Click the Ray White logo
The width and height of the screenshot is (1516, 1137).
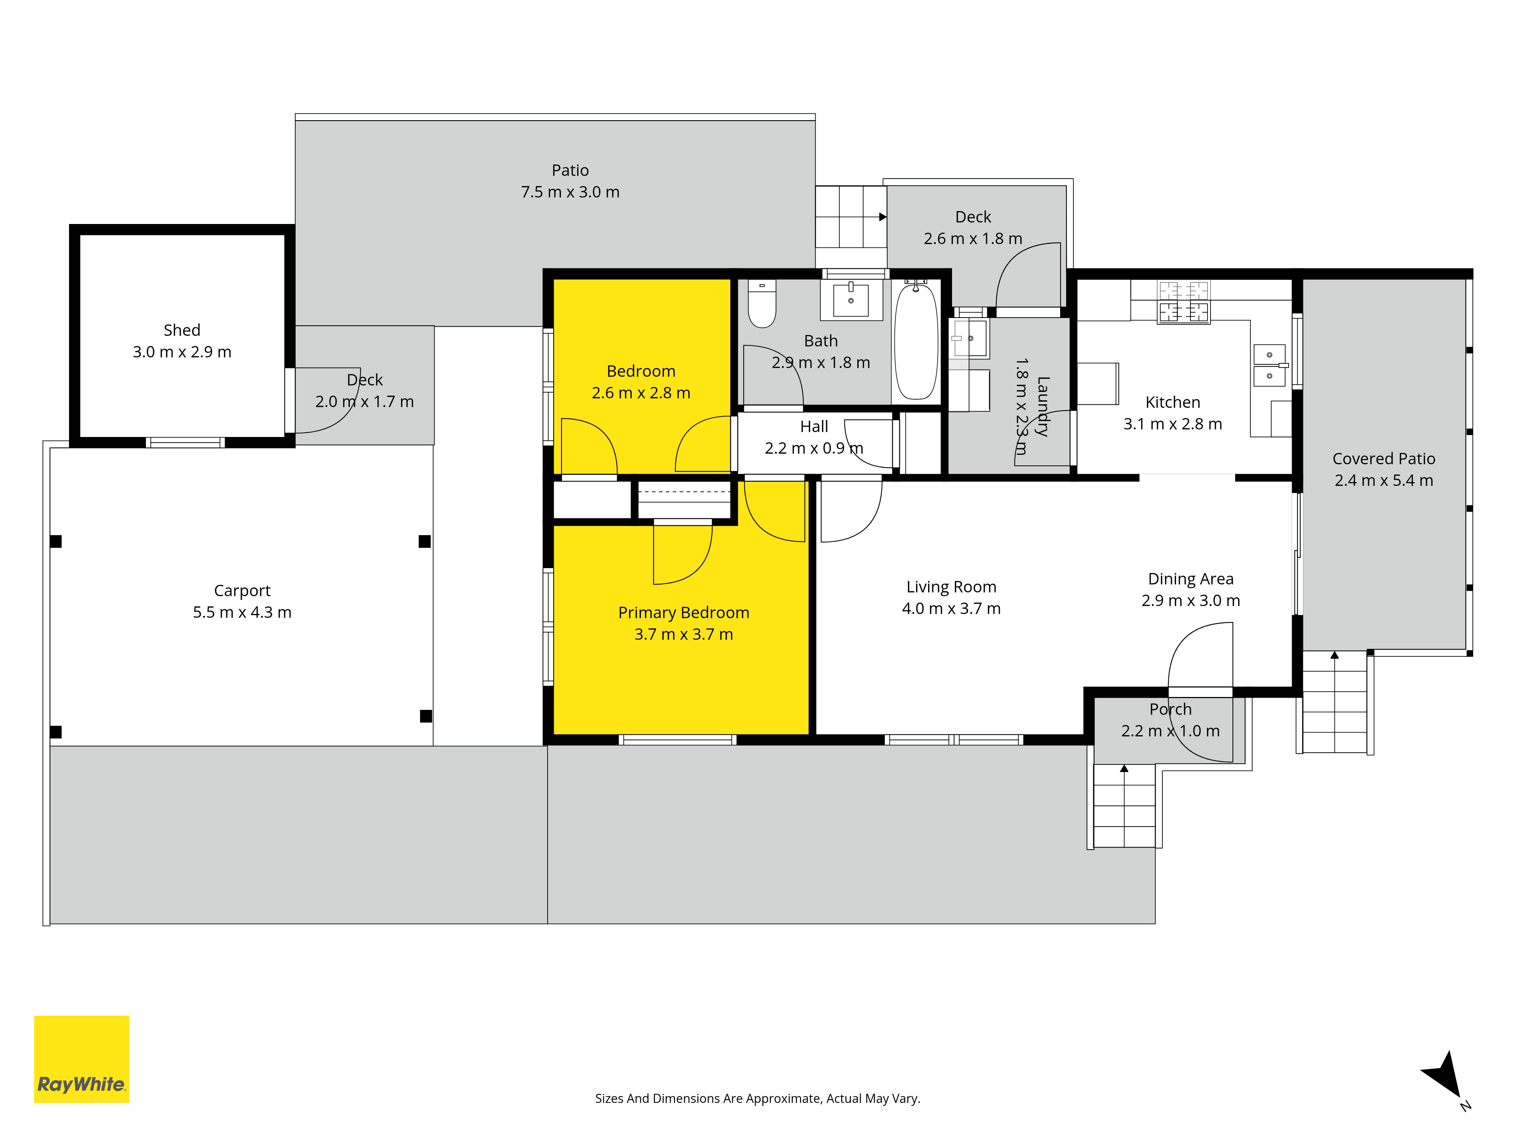click(x=81, y=1059)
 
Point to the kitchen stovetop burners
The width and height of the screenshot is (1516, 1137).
click(x=1184, y=302)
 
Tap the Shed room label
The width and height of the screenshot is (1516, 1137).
click(x=182, y=330)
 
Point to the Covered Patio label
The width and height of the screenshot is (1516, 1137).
click(x=1384, y=459)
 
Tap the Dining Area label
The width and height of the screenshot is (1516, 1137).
click(x=1190, y=579)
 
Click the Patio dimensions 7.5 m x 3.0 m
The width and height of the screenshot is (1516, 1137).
click(x=570, y=192)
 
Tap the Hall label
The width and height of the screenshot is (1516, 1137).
click(x=814, y=426)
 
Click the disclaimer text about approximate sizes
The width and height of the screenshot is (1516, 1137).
click(x=757, y=1098)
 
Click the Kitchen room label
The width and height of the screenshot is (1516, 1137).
click(x=1173, y=402)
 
